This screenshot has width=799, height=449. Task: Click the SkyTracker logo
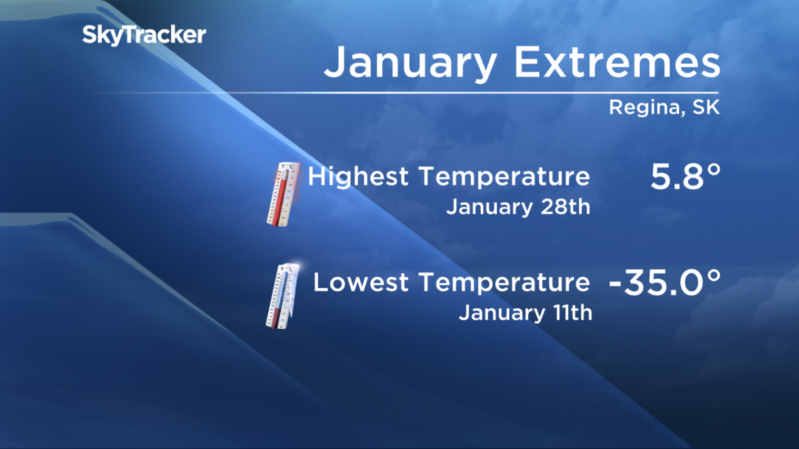[x=144, y=35]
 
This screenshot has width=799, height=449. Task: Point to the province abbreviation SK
[x=704, y=108]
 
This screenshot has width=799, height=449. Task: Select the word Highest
[x=358, y=178]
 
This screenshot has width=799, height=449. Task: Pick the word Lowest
[x=359, y=283]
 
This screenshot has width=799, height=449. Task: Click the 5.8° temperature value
[x=681, y=179]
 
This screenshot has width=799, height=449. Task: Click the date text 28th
[x=566, y=207]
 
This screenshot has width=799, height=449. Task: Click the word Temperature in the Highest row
[x=503, y=178]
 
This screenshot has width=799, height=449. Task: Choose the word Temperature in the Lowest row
[x=503, y=283]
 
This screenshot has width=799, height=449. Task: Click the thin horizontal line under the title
[x=519, y=92]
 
